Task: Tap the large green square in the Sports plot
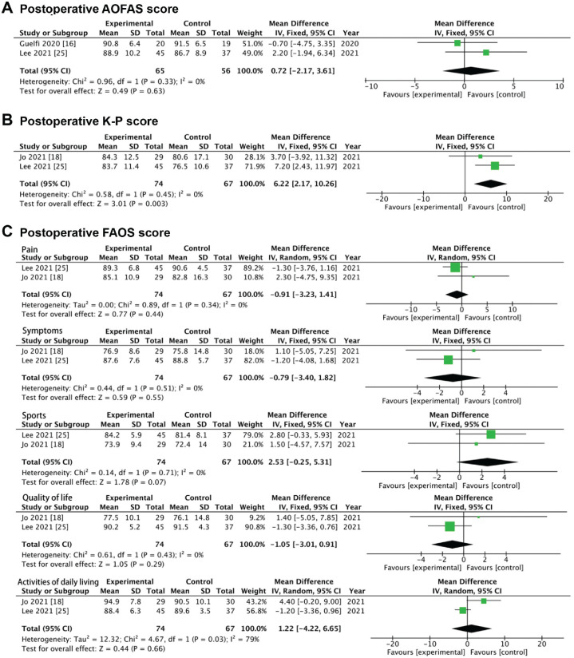pos(490,434)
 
